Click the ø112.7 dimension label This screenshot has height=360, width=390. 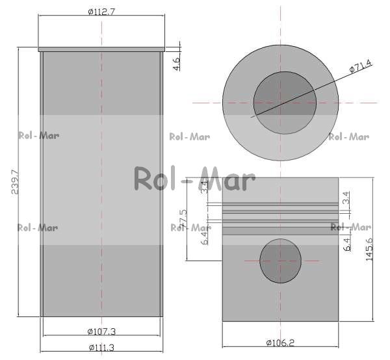click(x=102, y=12)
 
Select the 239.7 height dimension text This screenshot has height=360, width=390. click(x=16, y=182)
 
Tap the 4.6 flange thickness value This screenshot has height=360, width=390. click(x=176, y=64)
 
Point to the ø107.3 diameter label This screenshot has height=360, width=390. click(x=102, y=331)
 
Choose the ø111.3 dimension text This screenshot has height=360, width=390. click(x=102, y=347)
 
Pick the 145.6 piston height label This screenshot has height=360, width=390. click(x=369, y=249)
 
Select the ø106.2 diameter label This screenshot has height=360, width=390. click(x=280, y=343)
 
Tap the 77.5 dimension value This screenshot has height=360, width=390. click(x=183, y=218)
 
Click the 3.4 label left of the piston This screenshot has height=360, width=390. click(x=205, y=187)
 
